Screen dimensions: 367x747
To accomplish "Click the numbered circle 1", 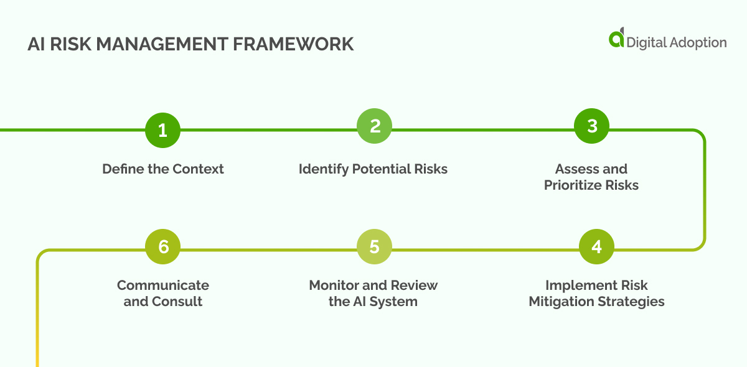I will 162,131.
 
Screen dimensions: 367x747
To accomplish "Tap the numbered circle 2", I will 375,126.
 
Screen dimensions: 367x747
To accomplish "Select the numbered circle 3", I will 592,126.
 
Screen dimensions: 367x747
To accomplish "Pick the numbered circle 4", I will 596,247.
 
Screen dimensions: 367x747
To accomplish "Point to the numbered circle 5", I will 374,247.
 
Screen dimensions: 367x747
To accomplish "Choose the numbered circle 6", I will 163,247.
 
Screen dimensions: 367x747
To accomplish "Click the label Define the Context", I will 163,169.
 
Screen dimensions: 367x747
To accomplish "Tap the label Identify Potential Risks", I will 373,169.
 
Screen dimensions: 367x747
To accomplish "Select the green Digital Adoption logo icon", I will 616,39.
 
